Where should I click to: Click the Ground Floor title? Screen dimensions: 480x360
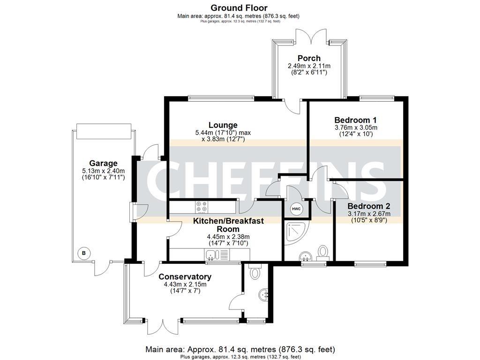pyautogui.click(x=239, y=7)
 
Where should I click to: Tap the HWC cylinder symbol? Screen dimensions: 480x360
pyautogui.click(x=296, y=209)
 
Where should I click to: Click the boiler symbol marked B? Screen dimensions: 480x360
pyautogui.click(x=84, y=253)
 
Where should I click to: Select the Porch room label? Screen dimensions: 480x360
pyautogui.click(x=309, y=58)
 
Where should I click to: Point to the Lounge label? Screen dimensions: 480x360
pyautogui.click(x=223, y=125)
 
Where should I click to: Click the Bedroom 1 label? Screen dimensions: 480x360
pyautogui.click(x=355, y=120)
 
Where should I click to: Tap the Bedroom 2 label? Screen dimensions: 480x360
pyautogui.click(x=369, y=206)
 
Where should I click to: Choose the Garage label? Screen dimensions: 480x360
pyautogui.click(x=103, y=164)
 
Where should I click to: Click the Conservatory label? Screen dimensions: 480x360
pyautogui.click(x=185, y=277)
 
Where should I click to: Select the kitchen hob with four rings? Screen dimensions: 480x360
pyautogui.click(x=201, y=207)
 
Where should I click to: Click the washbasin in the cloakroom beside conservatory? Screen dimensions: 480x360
pyautogui.click(x=264, y=295)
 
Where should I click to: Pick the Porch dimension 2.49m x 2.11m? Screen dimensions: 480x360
pyautogui.click(x=309, y=66)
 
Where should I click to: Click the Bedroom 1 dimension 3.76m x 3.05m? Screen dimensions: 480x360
pyautogui.click(x=356, y=127)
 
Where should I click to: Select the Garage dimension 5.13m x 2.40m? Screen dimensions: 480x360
pyautogui.click(x=103, y=171)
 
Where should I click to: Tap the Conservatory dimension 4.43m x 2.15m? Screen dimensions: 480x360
pyautogui.click(x=185, y=285)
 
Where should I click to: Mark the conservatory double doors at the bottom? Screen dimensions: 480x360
pyautogui.click(x=163, y=327)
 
